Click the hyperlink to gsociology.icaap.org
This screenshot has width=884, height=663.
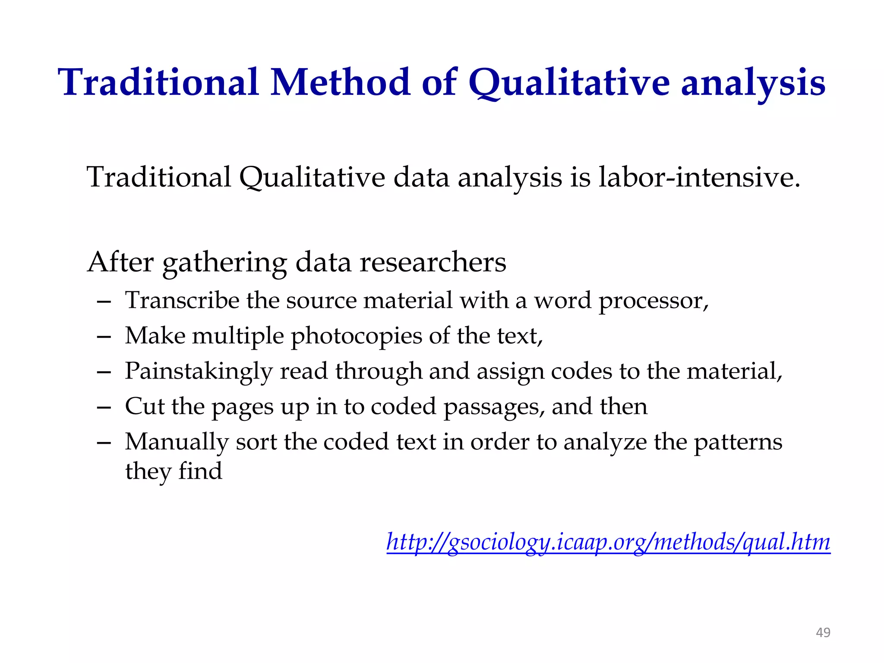pyautogui.click(x=608, y=542)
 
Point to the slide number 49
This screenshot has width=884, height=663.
pyautogui.click(x=823, y=632)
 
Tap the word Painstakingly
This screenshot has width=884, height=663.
pyautogui.click(x=199, y=372)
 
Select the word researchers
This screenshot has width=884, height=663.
pyautogui.click(x=433, y=262)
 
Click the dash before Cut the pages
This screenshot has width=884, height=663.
pyautogui.click(x=104, y=407)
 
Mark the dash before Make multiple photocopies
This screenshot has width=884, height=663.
pyautogui.click(x=104, y=337)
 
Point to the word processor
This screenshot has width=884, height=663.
pyautogui.click(x=653, y=301)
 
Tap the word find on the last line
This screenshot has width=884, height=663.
pyautogui.click(x=200, y=470)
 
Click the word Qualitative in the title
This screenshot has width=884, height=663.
pyautogui.click(x=569, y=83)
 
